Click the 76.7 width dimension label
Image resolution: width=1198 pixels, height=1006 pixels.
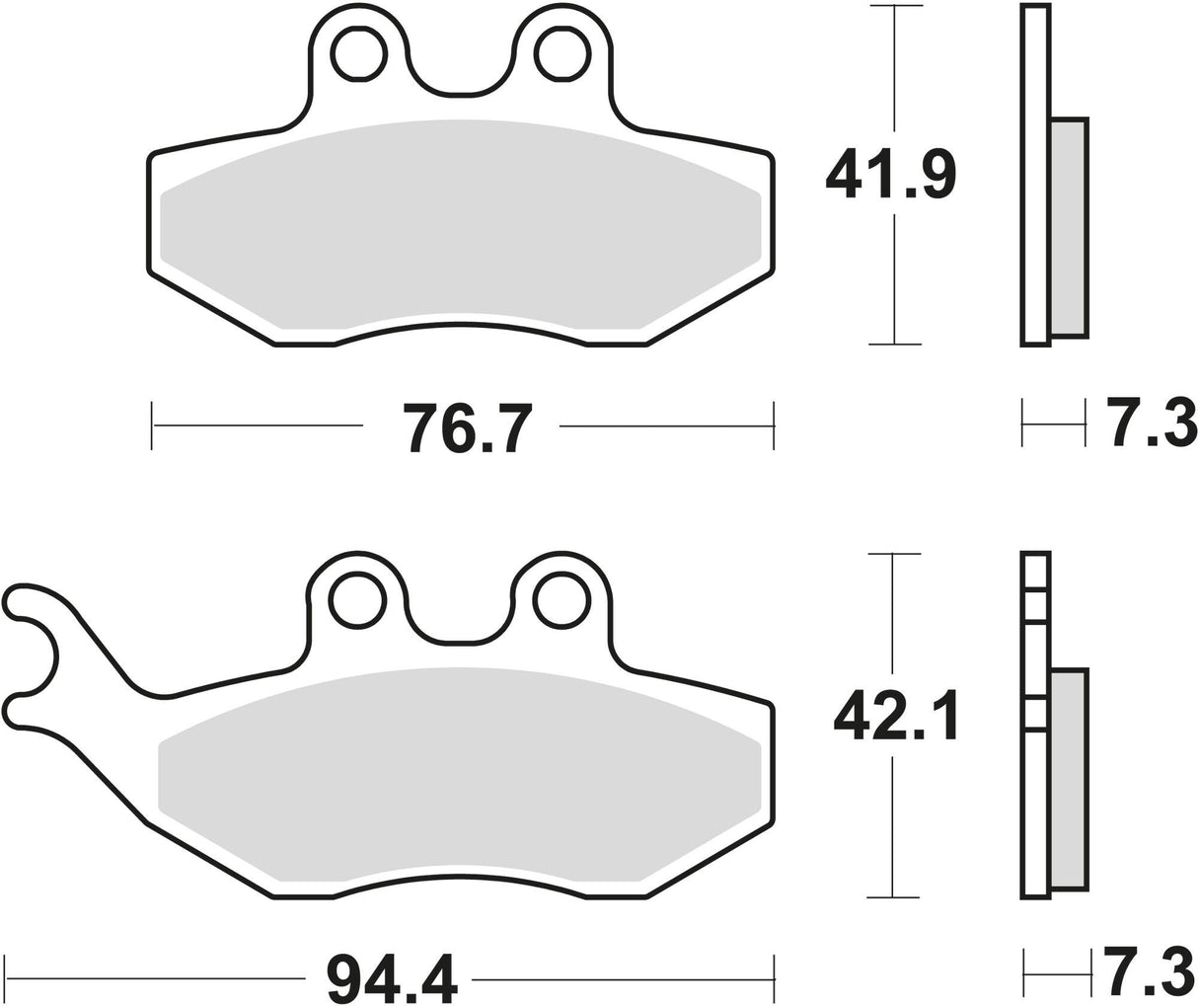pyautogui.click(x=461, y=426)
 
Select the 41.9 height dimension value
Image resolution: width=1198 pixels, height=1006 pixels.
pyautogui.click(x=890, y=173)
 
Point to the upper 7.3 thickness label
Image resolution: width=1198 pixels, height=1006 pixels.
pyautogui.click(x=1150, y=424)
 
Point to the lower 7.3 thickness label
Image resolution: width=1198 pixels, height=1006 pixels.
pyautogui.click(x=1150, y=972)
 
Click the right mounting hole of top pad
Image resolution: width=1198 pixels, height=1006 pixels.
pyautogui.click(x=562, y=53)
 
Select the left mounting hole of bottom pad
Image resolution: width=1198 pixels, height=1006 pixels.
pyautogui.click(x=356, y=599)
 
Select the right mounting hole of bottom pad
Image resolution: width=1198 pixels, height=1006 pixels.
pyautogui.click(x=561, y=599)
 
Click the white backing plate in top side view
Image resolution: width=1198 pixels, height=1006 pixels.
pyautogui.click(x=1034, y=178)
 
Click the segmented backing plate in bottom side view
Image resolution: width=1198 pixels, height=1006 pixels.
pyautogui.click(x=1034, y=790)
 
